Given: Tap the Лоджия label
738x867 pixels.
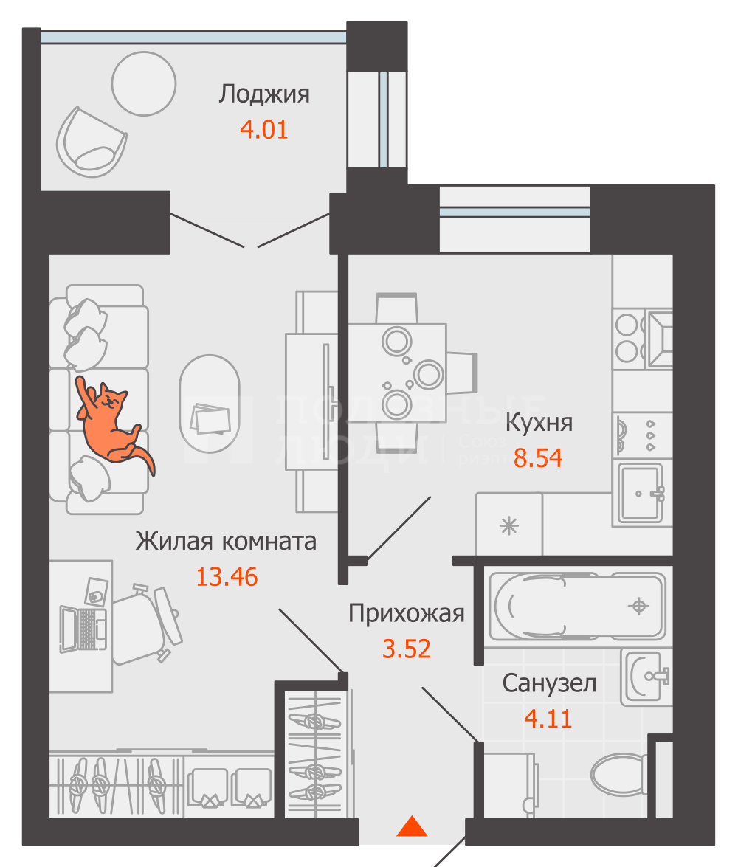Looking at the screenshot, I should [263, 94].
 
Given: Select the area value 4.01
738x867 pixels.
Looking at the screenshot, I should [263, 130].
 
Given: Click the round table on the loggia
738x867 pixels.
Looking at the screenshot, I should [143, 83].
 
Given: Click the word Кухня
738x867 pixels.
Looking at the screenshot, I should [539, 424].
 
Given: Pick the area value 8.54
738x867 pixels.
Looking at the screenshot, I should [538, 458].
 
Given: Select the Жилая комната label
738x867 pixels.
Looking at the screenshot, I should [226, 541].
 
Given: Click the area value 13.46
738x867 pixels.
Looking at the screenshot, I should [227, 576].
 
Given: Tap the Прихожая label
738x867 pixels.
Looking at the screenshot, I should [406, 613].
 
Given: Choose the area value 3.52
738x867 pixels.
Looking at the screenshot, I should [406, 649].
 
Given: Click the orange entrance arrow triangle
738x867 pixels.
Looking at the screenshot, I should [412, 826].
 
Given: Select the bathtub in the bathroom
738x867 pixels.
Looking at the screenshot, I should [576, 607].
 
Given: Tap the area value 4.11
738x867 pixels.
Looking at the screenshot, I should [548, 718].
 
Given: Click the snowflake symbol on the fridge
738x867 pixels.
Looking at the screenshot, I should [509, 525].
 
